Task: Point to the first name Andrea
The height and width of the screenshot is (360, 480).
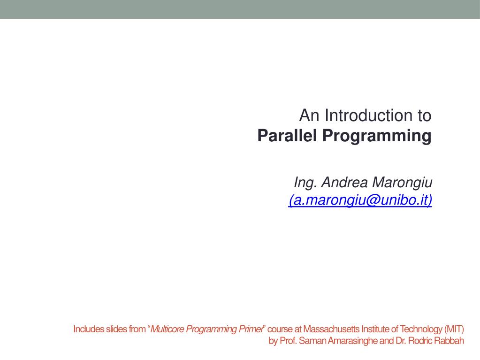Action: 344,182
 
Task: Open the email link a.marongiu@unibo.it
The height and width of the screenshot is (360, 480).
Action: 360,200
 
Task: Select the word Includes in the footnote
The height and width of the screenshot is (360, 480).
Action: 89,329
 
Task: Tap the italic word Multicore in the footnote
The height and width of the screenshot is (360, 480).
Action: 167,329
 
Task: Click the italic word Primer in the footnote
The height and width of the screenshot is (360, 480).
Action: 251,329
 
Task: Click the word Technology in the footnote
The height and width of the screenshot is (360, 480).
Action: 420,329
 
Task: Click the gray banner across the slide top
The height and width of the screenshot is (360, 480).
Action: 240,9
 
